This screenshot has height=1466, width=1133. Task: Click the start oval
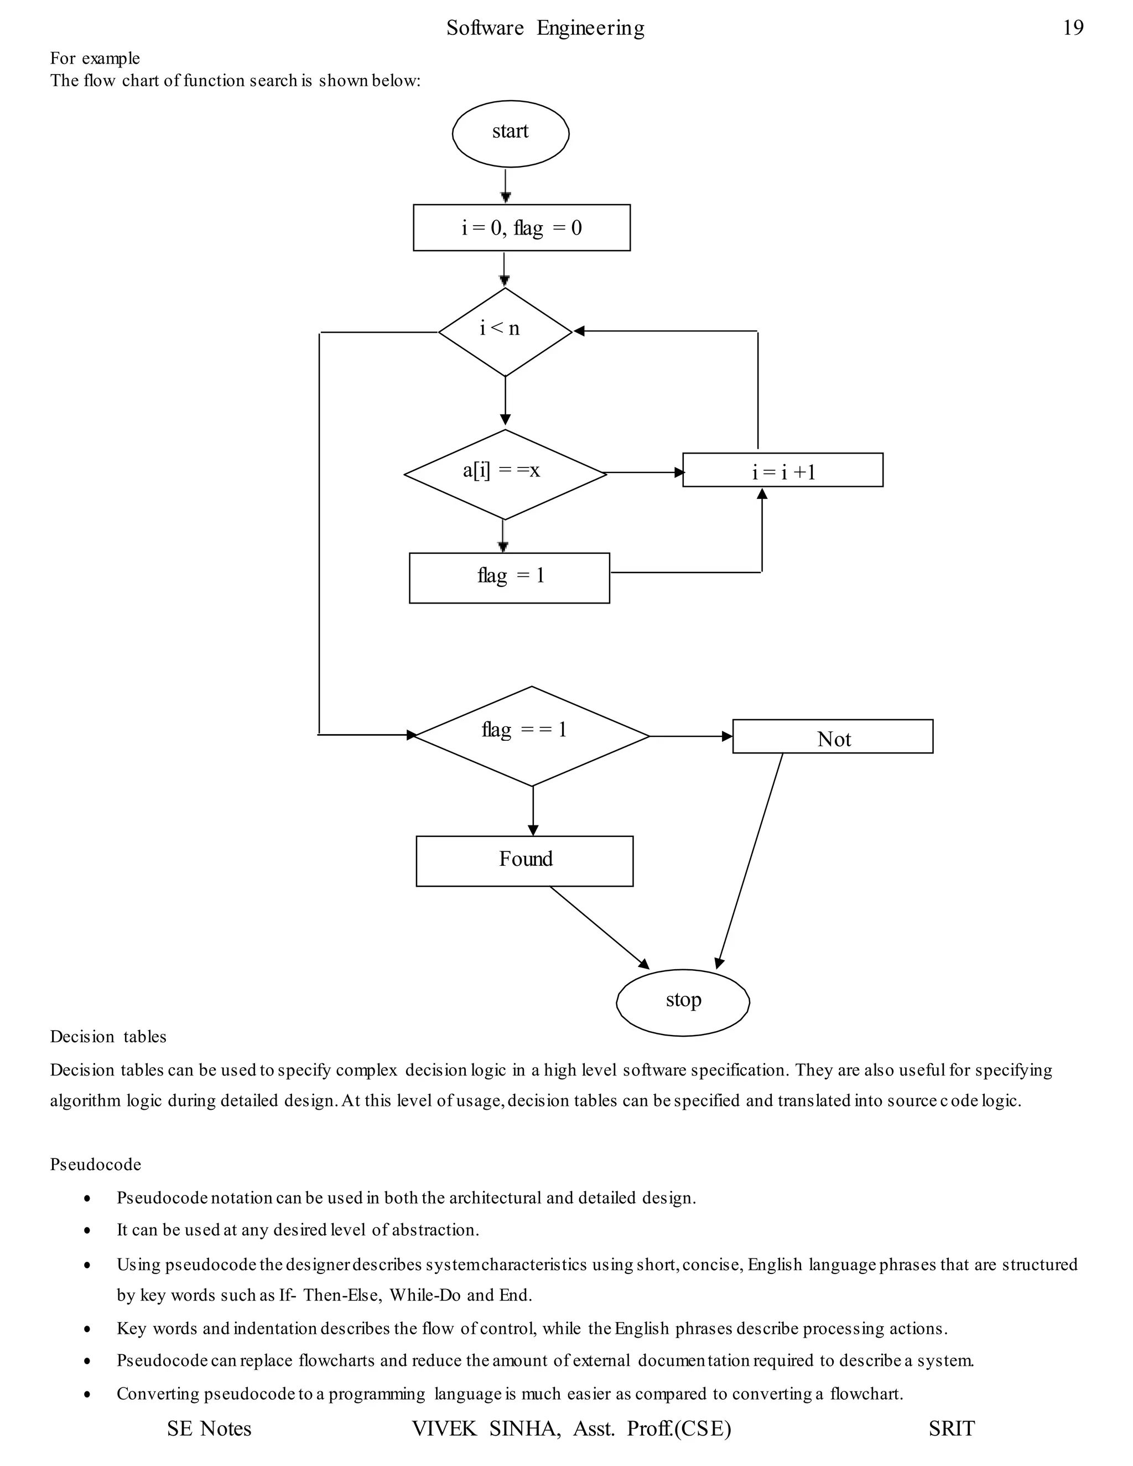tap(510, 133)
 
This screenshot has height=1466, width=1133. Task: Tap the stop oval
tap(683, 1002)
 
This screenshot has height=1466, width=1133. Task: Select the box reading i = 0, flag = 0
tap(522, 227)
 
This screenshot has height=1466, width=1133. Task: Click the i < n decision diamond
tap(505, 331)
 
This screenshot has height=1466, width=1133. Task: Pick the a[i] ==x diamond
tap(505, 474)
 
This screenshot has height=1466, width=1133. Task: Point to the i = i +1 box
tap(783, 470)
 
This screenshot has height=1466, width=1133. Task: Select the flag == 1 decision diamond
tap(532, 736)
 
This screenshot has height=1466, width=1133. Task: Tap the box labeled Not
tap(832, 736)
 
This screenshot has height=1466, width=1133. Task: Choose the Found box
tap(524, 861)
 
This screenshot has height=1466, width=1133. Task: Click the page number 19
tap(1073, 28)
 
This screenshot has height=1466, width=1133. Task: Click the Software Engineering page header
tap(545, 28)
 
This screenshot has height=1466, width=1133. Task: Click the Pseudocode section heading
tap(95, 1164)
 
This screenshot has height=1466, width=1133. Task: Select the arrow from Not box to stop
tap(750, 861)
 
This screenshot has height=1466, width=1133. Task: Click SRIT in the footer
tap(951, 1428)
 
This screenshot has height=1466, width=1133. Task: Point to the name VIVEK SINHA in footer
tap(486, 1428)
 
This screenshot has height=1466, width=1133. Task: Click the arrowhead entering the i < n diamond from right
tap(579, 331)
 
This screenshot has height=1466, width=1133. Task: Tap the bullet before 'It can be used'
tap(87, 1231)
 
